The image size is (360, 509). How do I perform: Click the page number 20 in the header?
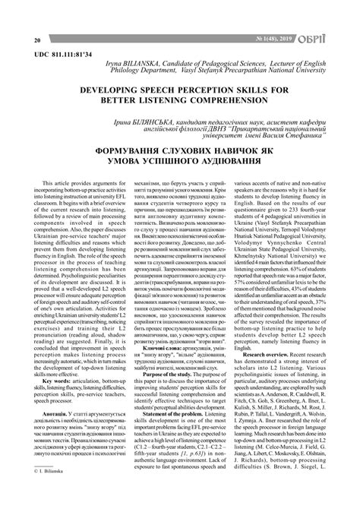tap(16, 40)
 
